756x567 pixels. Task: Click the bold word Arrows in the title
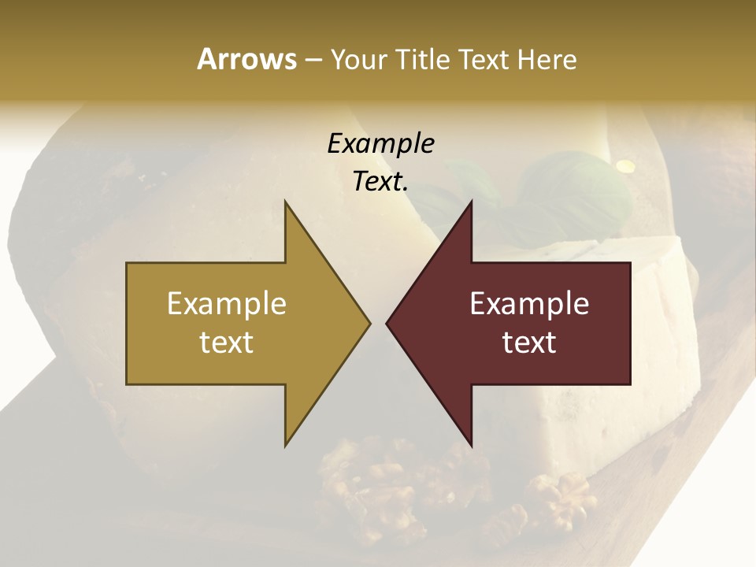(x=246, y=59)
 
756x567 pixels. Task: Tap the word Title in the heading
(x=421, y=59)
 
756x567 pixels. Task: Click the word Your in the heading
(x=358, y=59)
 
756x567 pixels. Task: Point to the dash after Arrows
(x=313, y=60)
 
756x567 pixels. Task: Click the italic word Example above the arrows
(x=380, y=143)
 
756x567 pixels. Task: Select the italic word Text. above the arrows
(x=380, y=182)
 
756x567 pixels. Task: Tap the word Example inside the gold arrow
(x=227, y=303)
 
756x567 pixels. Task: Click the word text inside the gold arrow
(x=227, y=343)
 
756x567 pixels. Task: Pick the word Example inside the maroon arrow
(x=529, y=303)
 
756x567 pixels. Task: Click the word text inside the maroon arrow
(x=529, y=343)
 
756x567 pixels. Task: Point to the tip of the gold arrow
(x=369, y=323)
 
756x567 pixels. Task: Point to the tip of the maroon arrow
(x=387, y=323)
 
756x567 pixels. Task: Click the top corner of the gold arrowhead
(x=285, y=202)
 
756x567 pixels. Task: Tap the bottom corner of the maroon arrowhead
(x=471, y=446)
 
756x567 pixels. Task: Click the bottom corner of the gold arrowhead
(x=285, y=445)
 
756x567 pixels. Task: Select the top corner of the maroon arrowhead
(x=471, y=202)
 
